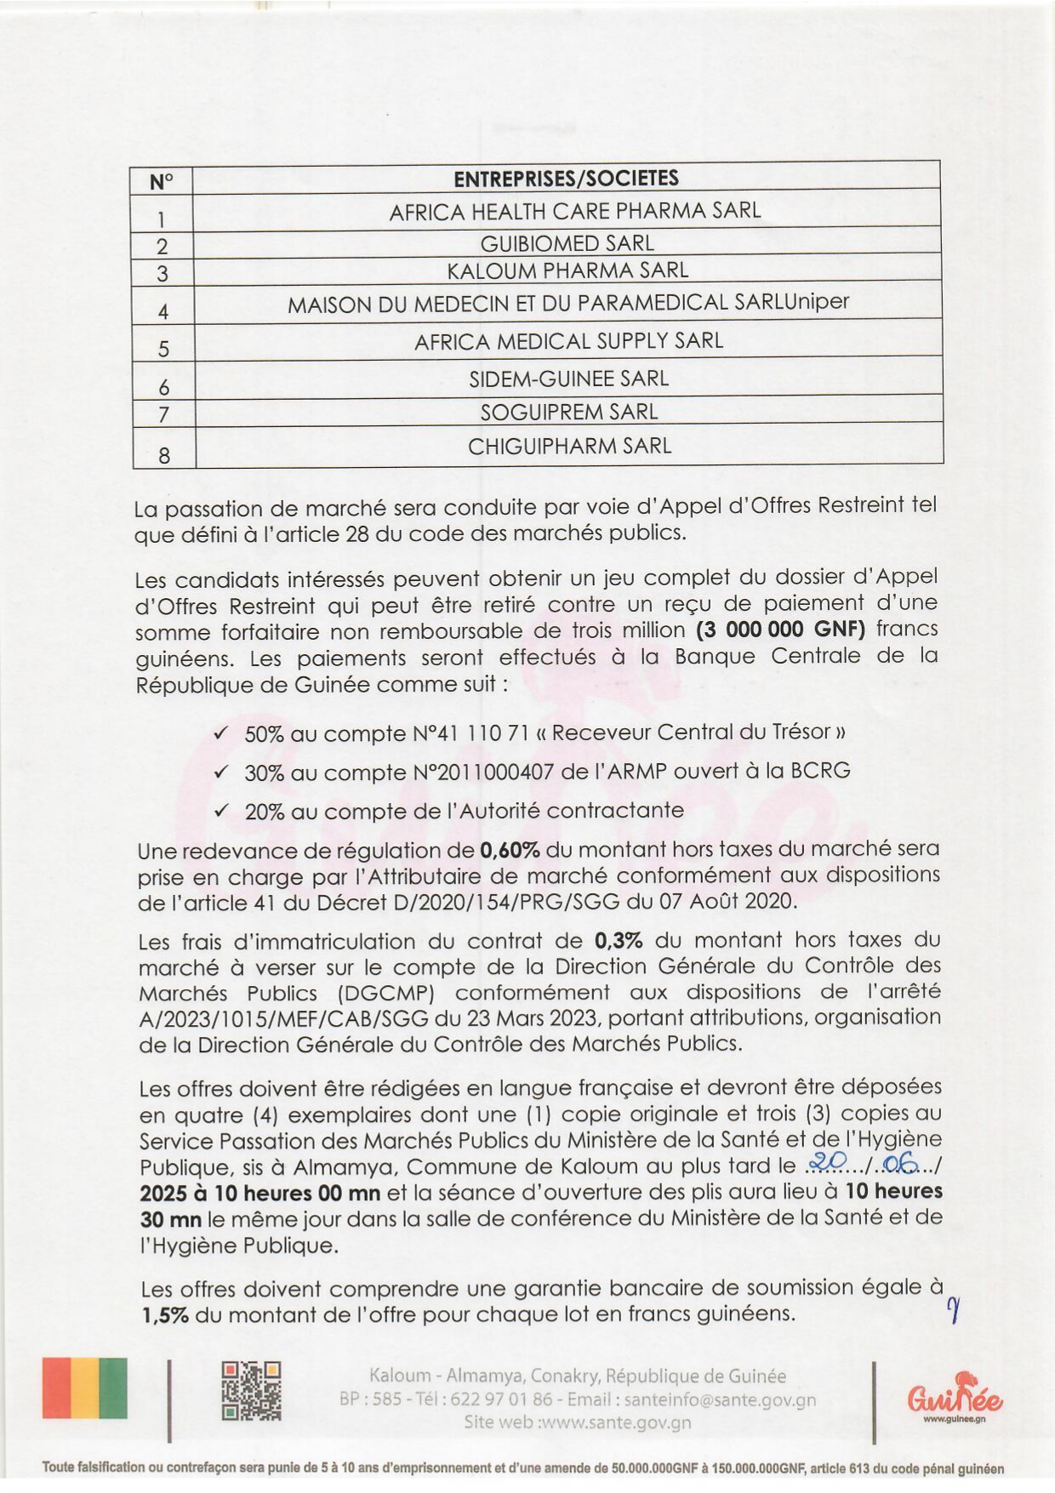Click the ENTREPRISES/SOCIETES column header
566,179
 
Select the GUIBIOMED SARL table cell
567,243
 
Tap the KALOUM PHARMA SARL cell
567,271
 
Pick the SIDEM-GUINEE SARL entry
568,379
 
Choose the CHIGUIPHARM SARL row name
569,446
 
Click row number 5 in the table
163,349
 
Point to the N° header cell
161,182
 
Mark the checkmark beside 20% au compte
221,811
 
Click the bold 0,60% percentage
510,849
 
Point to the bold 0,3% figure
619,940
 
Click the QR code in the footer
251,1391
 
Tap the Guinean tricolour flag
85,1388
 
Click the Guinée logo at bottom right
955,1398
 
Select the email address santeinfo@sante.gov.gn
720,1399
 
